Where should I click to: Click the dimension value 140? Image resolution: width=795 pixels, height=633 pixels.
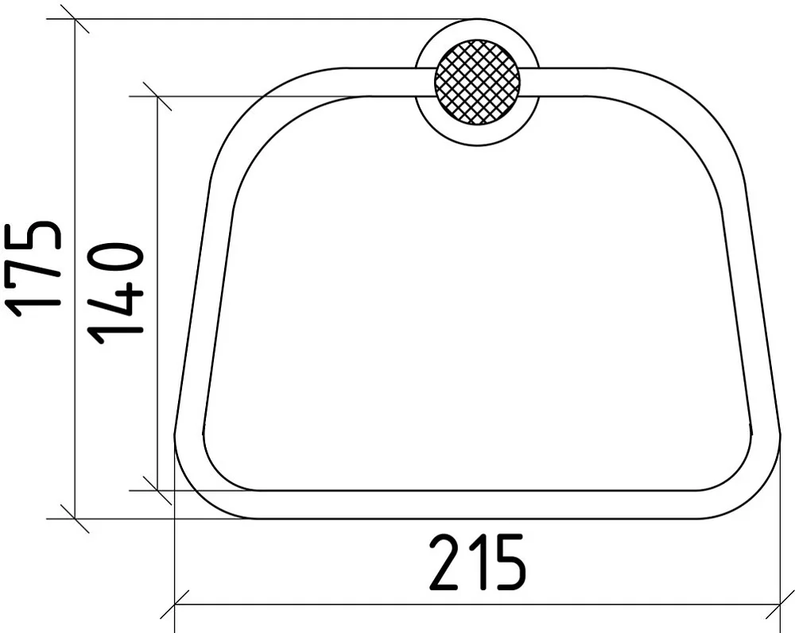(x=115, y=293)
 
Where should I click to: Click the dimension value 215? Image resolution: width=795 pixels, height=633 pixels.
(x=477, y=563)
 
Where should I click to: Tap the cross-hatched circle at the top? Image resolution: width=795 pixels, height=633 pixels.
(x=477, y=82)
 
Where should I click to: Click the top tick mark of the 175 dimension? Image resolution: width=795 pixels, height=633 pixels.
(x=75, y=19)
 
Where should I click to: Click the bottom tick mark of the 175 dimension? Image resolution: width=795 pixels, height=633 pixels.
(x=75, y=519)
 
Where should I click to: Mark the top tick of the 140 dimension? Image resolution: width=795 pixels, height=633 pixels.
(x=157, y=96)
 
